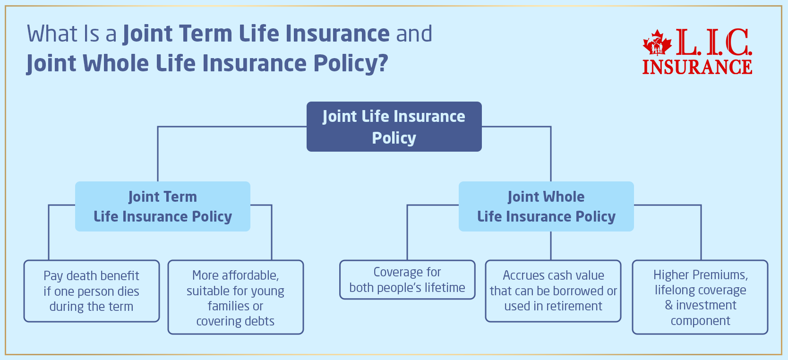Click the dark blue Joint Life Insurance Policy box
click(x=394, y=127)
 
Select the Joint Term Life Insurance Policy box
click(x=163, y=206)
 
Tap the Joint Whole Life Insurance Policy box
click(x=546, y=206)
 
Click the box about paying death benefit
click(x=92, y=291)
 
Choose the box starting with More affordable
click(x=236, y=298)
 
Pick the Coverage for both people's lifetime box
click(x=407, y=280)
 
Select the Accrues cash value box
click(x=553, y=291)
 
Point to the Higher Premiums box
click(x=700, y=298)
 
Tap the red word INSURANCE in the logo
click(x=697, y=67)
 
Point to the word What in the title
click(x=52, y=34)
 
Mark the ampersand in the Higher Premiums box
click(x=668, y=305)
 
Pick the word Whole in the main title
click(x=116, y=63)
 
